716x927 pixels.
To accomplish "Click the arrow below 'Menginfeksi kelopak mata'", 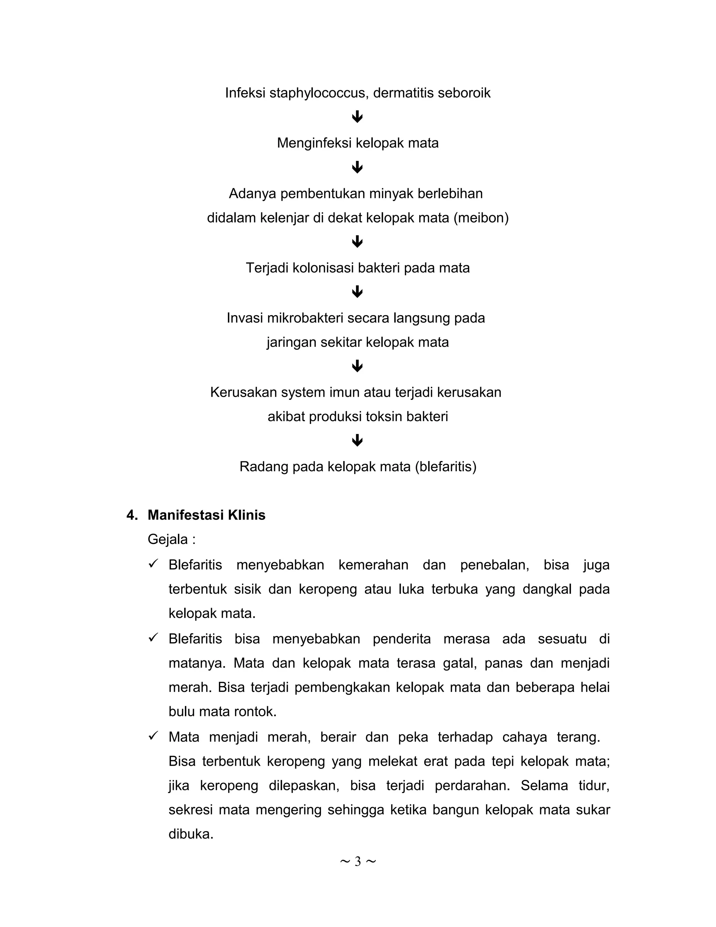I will pyautogui.click(x=357, y=167).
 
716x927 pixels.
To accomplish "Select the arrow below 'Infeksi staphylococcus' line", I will pyautogui.click(x=357, y=117).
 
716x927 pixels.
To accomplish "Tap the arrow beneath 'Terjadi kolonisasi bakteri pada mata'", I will pyautogui.click(x=357, y=292).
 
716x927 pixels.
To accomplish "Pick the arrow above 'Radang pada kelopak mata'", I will pyautogui.click(x=357, y=440).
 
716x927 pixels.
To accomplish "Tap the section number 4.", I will pyautogui.click(x=131, y=515).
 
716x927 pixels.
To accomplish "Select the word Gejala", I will pyautogui.click(x=167, y=539).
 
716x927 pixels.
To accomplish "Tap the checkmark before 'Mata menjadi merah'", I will pyautogui.click(x=153, y=736).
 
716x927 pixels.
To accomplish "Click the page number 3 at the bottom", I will pyautogui.click(x=358, y=861).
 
